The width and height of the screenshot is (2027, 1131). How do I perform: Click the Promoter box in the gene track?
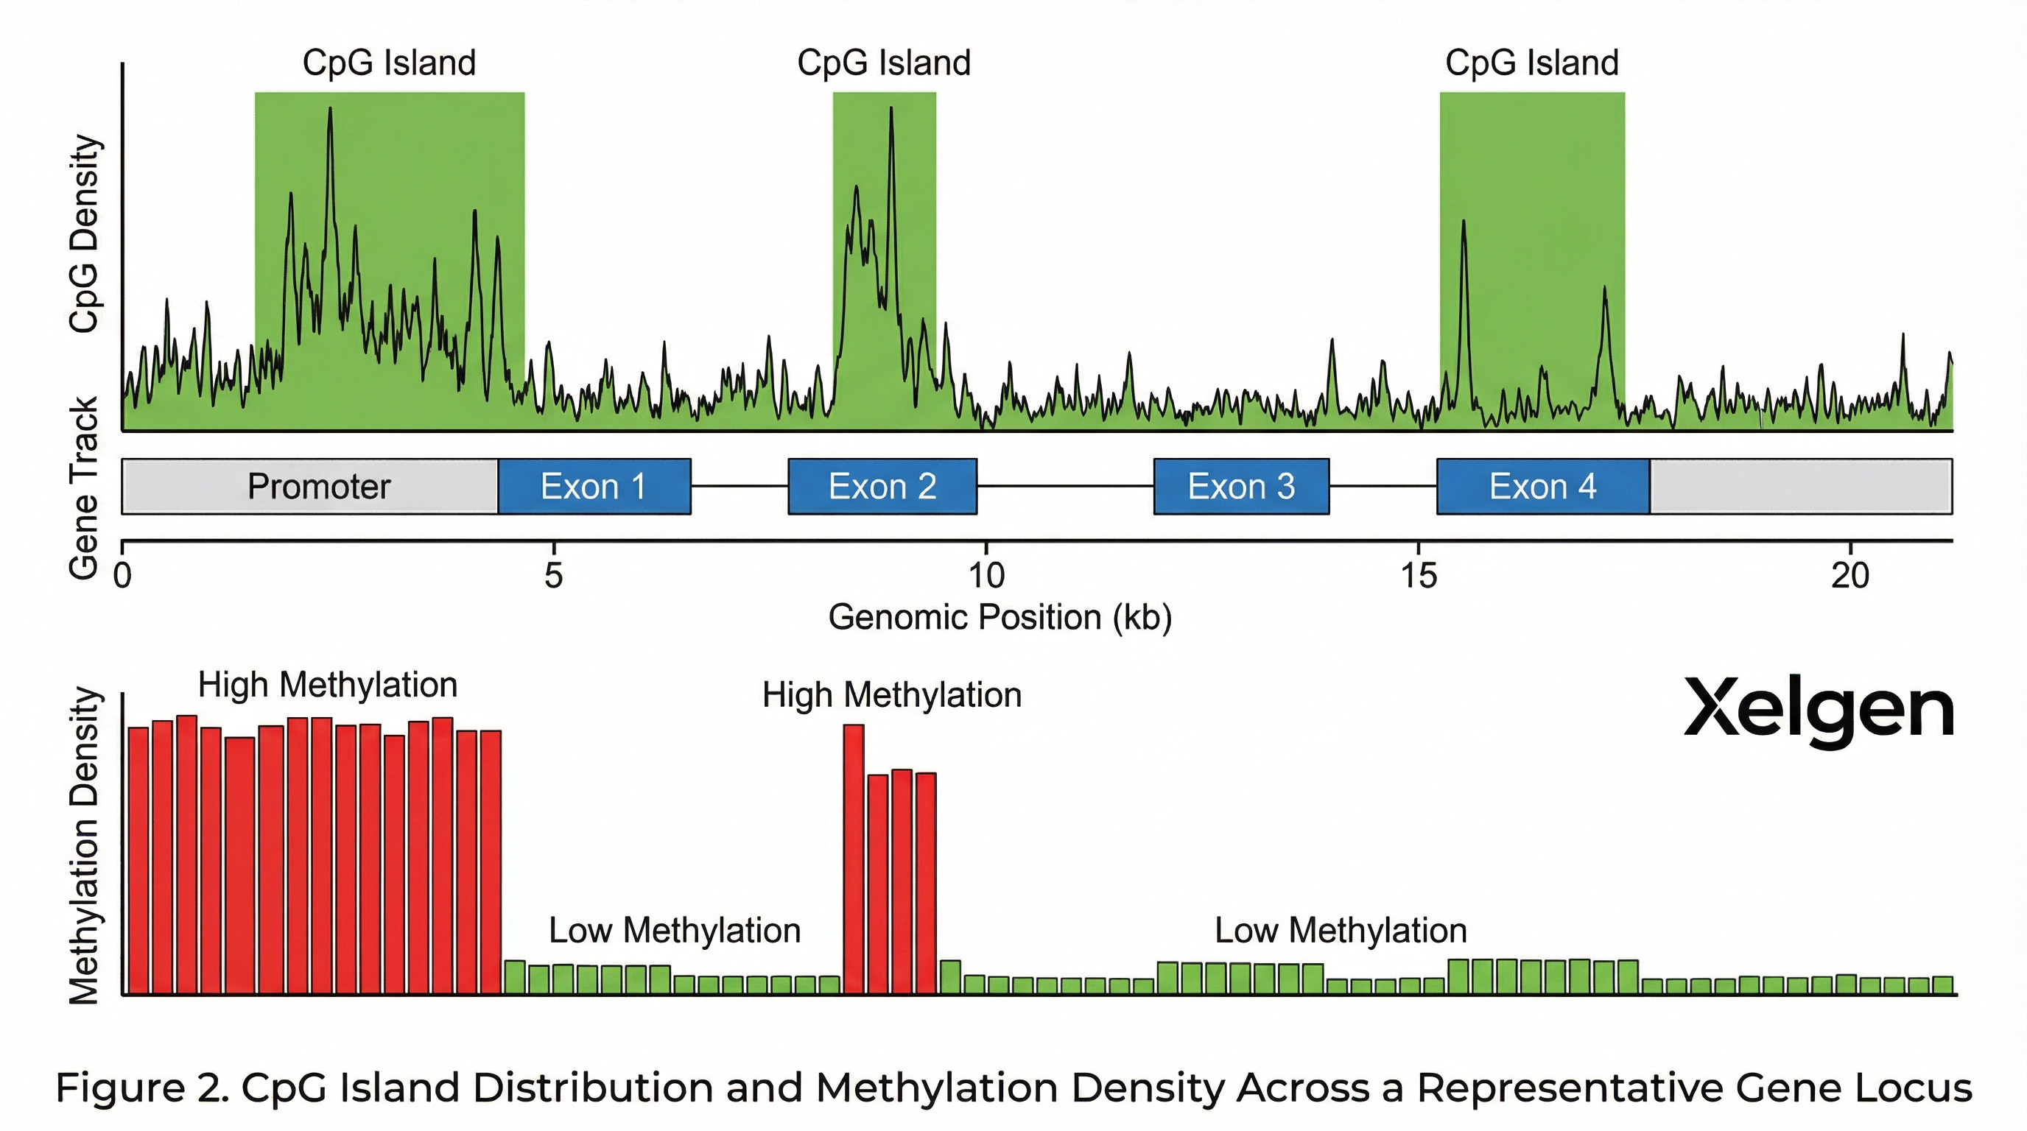click(x=318, y=486)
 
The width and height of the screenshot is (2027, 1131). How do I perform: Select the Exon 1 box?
click(x=594, y=486)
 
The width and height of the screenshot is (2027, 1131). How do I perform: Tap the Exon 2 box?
click(x=882, y=486)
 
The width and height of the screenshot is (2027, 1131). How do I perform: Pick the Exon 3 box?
click(x=1241, y=486)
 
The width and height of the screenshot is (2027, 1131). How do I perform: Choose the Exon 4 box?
click(x=1542, y=486)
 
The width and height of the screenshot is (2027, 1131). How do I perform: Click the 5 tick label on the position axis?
click(x=554, y=577)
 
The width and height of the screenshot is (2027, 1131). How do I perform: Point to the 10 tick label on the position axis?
click(x=986, y=577)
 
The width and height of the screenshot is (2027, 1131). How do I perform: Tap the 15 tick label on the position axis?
click(x=1419, y=577)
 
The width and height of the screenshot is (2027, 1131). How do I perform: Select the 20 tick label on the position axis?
click(x=1850, y=577)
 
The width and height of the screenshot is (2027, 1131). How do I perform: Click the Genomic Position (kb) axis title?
click(x=1000, y=617)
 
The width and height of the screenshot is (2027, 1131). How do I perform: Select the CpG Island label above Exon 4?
click(x=1531, y=63)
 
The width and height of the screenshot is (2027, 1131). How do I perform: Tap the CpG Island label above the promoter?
click(x=390, y=63)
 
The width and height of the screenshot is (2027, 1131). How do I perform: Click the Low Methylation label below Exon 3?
click(x=1340, y=931)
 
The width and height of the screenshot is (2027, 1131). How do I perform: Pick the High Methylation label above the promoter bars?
click(x=327, y=685)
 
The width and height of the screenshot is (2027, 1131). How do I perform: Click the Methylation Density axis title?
click(x=84, y=845)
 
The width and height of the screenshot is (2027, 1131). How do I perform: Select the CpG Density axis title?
click(x=84, y=233)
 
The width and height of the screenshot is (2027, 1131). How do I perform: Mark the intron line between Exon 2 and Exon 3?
click(x=1064, y=486)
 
